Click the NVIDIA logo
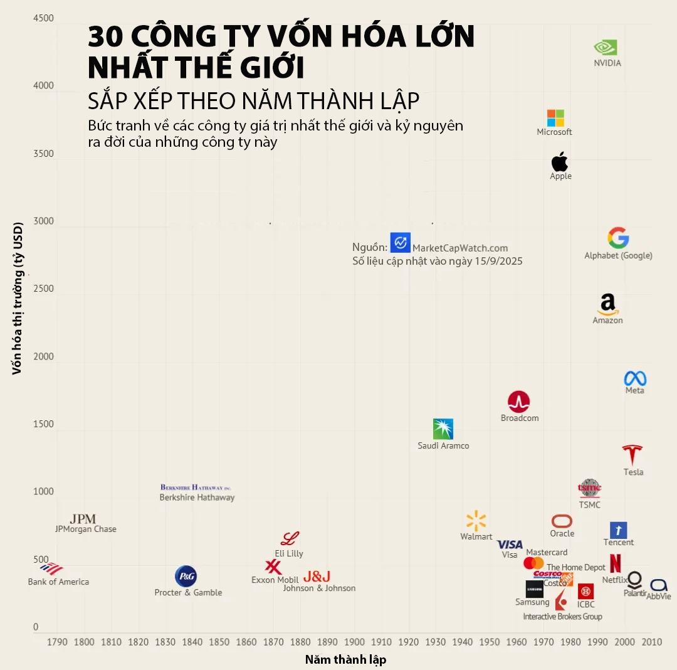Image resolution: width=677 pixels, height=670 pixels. point(606,48)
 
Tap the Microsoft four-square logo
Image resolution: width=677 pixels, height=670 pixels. point(555,118)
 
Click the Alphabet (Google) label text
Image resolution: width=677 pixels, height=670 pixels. point(618,256)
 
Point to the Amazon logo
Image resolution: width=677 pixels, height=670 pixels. point(607,304)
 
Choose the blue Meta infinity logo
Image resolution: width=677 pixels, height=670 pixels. point(634,378)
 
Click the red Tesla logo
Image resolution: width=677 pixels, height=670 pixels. point(632,455)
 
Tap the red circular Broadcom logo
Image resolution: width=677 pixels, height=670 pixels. point(518,402)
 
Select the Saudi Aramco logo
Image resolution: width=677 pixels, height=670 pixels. point(443,429)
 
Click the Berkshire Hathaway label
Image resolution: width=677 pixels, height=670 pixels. point(197,497)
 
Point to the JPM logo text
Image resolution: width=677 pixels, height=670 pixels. point(83,519)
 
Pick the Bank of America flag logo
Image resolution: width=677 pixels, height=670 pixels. point(51,568)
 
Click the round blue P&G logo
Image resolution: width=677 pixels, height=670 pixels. point(186,576)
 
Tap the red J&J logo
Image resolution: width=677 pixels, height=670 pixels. point(317,576)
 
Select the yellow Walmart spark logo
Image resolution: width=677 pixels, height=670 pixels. point(476,521)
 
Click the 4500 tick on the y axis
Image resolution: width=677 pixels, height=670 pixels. point(43,19)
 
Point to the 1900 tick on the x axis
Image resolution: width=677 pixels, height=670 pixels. point(354,642)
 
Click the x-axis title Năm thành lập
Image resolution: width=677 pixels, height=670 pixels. point(345,659)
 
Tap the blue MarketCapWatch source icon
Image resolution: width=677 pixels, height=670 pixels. point(400,243)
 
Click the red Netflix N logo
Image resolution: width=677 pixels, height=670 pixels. point(615,563)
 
